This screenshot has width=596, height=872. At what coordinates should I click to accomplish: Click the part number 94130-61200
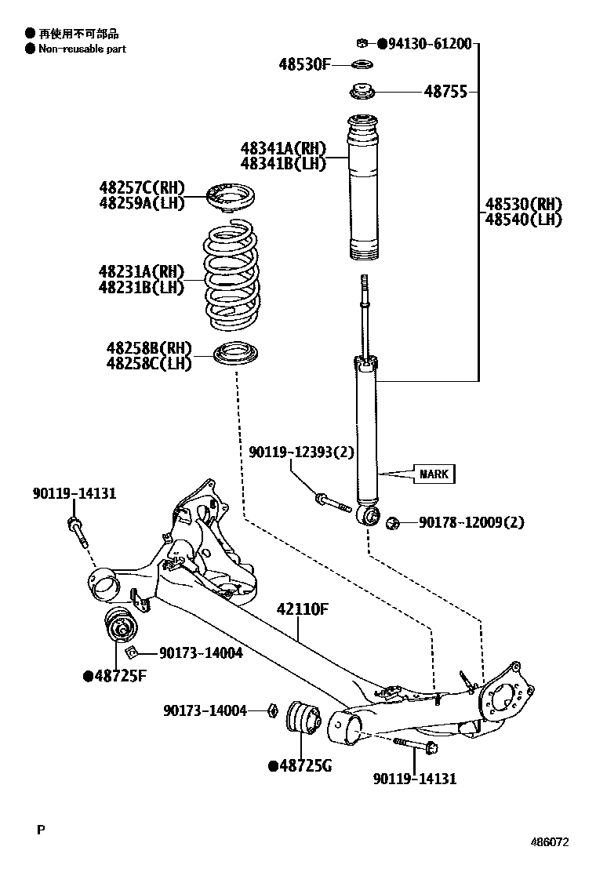pyautogui.click(x=429, y=44)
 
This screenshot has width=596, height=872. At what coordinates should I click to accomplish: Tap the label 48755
pyautogui.click(x=445, y=92)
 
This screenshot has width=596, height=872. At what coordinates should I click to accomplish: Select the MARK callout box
pyautogui.click(x=434, y=474)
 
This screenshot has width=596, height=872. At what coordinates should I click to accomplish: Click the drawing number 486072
pyautogui.click(x=549, y=842)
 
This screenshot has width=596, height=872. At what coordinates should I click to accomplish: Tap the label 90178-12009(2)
pyautogui.click(x=471, y=522)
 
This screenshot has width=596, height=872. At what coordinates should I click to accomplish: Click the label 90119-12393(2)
pyautogui.click(x=302, y=452)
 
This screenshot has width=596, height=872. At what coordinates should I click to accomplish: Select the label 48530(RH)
pyautogui.click(x=523, y=205)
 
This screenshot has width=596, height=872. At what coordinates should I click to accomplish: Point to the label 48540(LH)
pyautogui.click(x=523, y=220)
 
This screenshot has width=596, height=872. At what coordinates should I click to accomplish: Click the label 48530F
pyautogui.click(x=304, y=64)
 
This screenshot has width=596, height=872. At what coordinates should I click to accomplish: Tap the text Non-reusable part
pyautogui.click(x=82, y=49)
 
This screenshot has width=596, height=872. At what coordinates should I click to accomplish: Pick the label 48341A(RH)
pyautogui.click(x=282, y=147)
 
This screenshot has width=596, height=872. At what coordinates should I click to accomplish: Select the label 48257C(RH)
pyautogui.click(x=141, y=187)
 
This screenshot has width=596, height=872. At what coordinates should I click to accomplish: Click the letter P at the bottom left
pyautogui.click(x=40, y=828)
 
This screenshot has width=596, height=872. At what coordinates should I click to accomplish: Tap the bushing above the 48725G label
pyautogui.click(x=303, y=718)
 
